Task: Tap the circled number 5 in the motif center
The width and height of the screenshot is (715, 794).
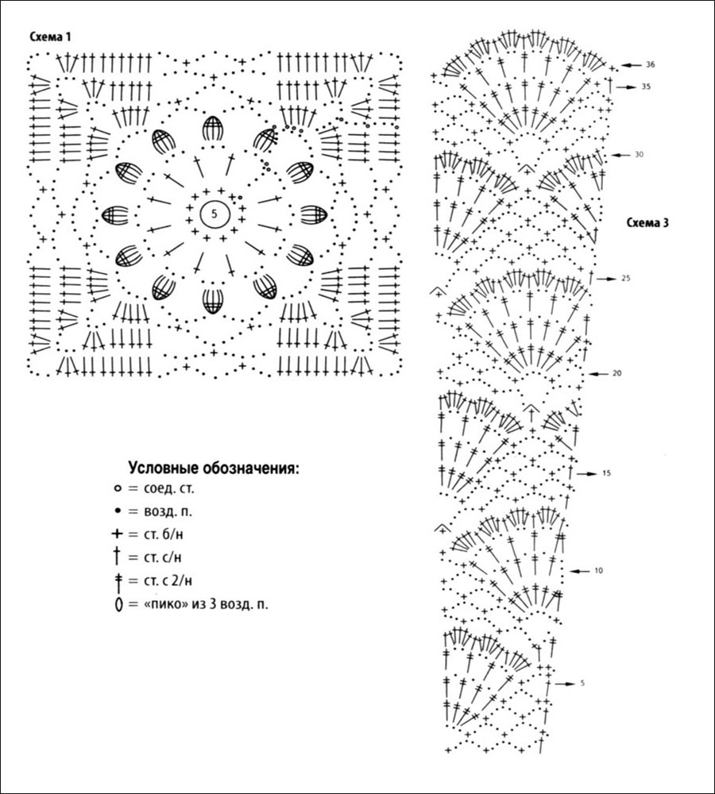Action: pyautogui.click(x=214, y=213)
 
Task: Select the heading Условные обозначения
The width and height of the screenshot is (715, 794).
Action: pyautogui.click(x=214, y=468)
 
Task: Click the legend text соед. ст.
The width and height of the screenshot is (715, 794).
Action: pyautogui.click(x=164, y=488)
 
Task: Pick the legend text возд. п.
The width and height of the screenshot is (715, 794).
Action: pyautogui.click(x=164, y=511)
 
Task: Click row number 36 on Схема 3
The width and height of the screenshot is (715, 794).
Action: pyautogui.click(x=650, y=64)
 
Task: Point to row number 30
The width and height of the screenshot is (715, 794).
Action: pyautogui.click(x=639, y=154)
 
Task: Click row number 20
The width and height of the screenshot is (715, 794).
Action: pyautogui.click(x=616, y=373)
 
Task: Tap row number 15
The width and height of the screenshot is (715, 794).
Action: pyautogui.click(x=606, y=474)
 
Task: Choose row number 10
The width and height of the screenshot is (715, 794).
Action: pyautogui.click(x=598, y=571)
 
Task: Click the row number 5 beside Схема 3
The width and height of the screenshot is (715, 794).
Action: pyautogui.click(x=582, y=683)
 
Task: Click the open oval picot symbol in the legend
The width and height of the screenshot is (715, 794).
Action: pyautogui.click(x=117, y=605)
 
